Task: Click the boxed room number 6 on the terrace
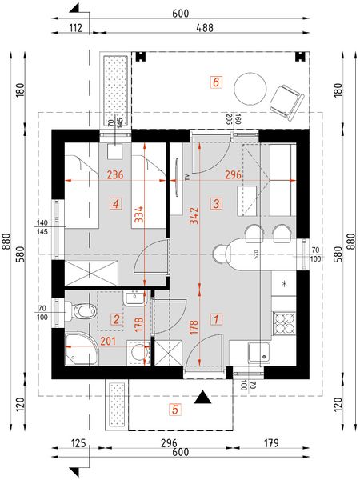(x=215, y=81)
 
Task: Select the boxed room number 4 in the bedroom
(x=118, y=205)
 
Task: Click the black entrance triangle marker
(x=205, y=396)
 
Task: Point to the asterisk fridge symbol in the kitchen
(x=284, y=283)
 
